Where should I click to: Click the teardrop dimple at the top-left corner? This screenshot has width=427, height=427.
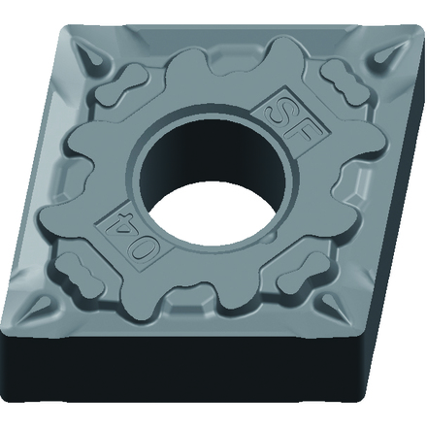coord(91,56)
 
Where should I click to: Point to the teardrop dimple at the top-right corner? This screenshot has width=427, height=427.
coord(387,54)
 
